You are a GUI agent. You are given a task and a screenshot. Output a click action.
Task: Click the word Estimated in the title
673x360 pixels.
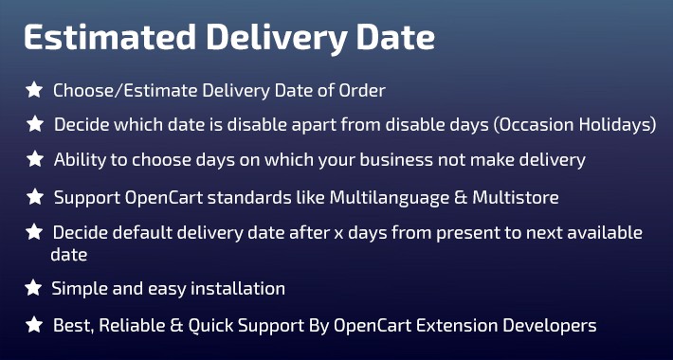110,37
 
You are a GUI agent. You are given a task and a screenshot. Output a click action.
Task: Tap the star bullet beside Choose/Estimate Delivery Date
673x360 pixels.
34,90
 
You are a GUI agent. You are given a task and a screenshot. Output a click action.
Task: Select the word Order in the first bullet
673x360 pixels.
362,91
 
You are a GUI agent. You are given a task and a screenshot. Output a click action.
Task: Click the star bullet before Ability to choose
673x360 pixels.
35,159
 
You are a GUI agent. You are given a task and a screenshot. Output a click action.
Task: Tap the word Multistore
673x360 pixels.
516,197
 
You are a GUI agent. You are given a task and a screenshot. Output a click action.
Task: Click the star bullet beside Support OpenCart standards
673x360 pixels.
35,197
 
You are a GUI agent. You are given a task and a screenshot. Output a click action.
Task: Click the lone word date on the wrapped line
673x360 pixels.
68,255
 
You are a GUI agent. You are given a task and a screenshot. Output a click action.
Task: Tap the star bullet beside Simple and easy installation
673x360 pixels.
33,288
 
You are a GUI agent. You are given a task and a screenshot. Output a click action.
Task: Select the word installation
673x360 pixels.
238,288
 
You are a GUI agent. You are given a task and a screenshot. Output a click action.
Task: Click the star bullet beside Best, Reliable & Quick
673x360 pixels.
34,325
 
